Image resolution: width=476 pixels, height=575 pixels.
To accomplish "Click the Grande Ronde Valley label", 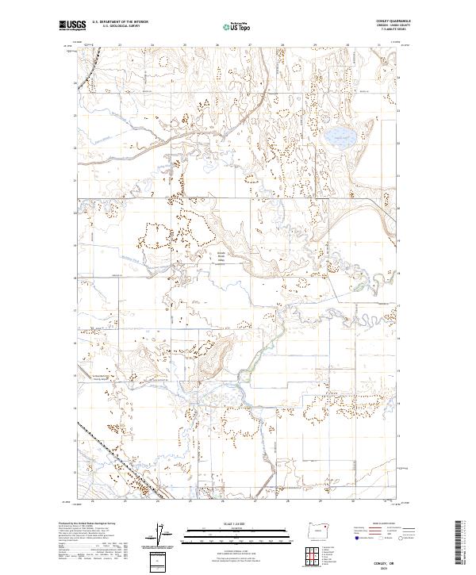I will point(222,260).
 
